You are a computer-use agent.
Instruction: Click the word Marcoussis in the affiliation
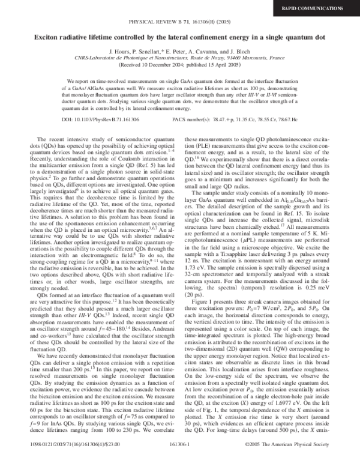(x=241, y=58)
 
